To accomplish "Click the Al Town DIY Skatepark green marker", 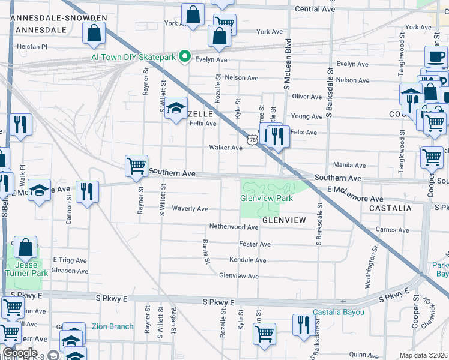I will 185,58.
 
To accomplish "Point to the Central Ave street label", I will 315,9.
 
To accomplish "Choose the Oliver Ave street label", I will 307,96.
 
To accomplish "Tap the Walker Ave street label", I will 225,148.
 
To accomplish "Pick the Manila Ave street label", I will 349,165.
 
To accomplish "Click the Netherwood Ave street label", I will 234,227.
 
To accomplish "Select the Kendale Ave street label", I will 247,260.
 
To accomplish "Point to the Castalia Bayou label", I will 339,313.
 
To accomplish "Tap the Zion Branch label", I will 112,327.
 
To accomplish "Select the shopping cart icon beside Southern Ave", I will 136,166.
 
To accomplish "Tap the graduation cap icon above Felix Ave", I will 176,108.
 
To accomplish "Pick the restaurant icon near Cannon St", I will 88,192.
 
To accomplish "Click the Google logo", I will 20,353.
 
